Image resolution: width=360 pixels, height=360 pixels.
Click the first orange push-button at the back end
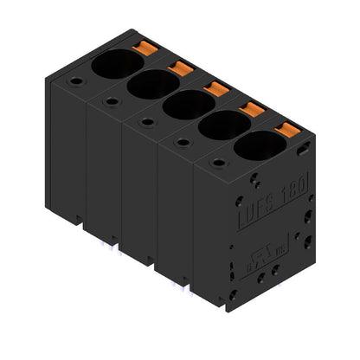[x=145, y=45]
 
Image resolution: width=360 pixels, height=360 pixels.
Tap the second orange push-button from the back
[x=181, y=67]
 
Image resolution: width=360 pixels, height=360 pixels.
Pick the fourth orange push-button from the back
[x=251, y=109]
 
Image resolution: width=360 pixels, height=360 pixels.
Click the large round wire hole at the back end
[x=118, y=62]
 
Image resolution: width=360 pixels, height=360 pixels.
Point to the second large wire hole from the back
[x=153, y=84]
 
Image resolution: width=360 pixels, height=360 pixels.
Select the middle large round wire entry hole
[x=189, y=105]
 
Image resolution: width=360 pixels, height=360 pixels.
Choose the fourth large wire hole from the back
[x=224, y=126]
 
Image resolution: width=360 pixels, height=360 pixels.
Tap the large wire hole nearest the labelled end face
[x=260, y=146]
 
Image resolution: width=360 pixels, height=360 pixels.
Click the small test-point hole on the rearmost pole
[x=77, y=82]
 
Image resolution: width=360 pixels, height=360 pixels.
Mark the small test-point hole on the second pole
[x=112, y=102]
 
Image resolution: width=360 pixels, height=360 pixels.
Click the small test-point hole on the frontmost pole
[x=218, y=163]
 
